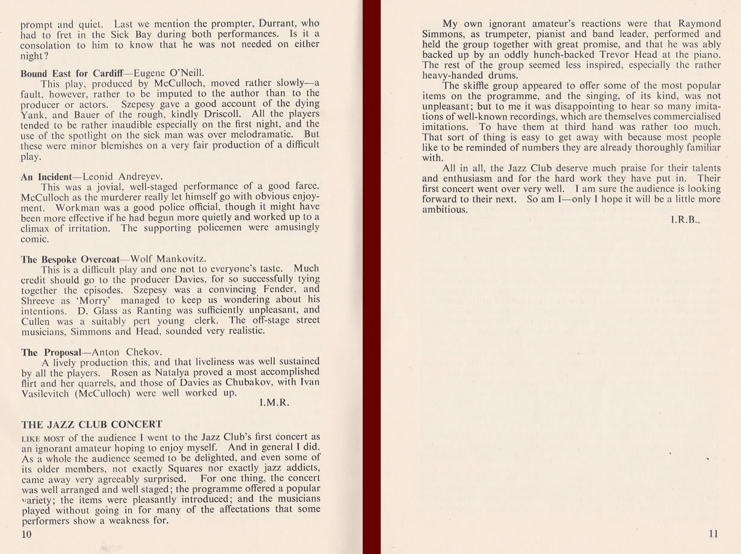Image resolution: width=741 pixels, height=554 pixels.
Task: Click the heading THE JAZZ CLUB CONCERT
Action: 91,425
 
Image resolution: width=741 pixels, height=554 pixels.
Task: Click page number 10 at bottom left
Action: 26,534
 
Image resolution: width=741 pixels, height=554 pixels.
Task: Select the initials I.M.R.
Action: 274,403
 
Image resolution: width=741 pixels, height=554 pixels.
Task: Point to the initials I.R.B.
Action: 686,220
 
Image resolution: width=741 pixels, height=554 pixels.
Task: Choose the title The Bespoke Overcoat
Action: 71,260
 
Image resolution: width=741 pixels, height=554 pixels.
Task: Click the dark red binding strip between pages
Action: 371,277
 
